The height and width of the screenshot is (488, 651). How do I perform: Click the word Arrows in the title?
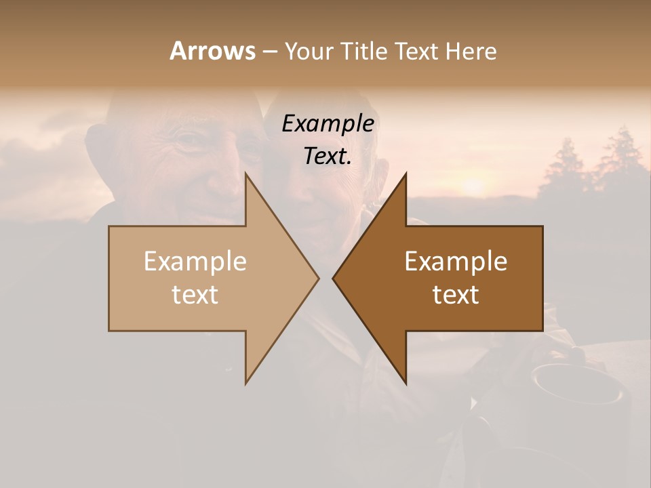(x=212, y=51)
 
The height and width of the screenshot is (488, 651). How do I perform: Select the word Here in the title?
(x=471, y=51)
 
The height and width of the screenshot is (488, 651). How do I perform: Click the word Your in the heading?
(x=307, y=51)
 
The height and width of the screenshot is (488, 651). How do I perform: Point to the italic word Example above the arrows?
(x=328, y=123)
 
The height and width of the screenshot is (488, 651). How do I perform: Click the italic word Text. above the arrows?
(x=328, y=156)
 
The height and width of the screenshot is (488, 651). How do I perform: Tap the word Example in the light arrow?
(x=195, y=262)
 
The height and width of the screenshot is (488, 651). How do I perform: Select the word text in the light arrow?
(x=195, y=295)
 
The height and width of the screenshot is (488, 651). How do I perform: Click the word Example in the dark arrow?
(x=456, y=262)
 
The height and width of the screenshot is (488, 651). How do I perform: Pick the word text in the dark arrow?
(x=456, y=295)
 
